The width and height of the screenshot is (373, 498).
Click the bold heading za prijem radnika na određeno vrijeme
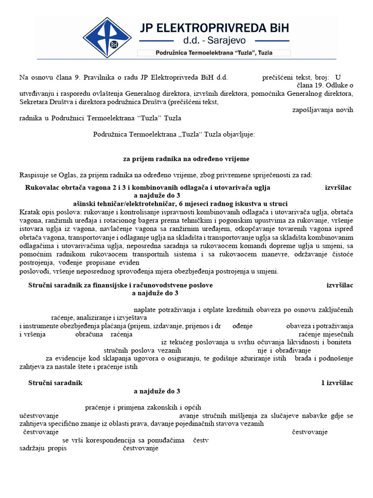click(x=186, y=159)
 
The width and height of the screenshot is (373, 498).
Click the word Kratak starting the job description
click(x=30, y=213)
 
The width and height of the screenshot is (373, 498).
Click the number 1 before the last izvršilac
click(x=323, y=383)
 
